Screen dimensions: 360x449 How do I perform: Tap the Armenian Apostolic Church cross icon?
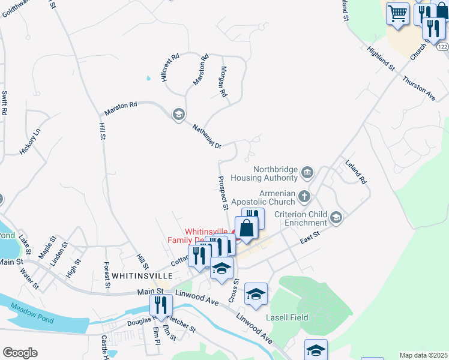(305, 196)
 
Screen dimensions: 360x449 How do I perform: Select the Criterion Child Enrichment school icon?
(337, 217)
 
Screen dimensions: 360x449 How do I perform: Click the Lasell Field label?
(288, 317)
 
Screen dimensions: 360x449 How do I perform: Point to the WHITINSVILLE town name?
(142, 275)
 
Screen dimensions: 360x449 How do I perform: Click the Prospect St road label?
(223, 193)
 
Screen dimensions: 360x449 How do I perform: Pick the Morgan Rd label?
(223, 82)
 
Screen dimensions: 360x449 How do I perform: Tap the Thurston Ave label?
(418, 88)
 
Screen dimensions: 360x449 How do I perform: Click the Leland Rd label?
(355, 172)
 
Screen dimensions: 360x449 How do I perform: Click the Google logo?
(20, 353)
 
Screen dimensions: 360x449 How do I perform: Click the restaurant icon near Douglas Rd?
(160, 305)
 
